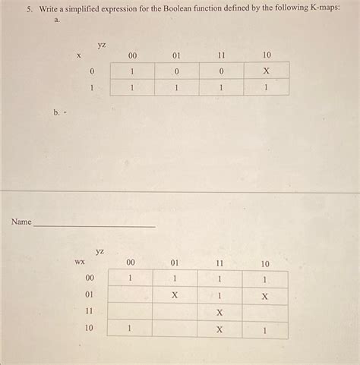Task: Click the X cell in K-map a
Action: point(266,71)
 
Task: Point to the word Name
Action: point(21,222)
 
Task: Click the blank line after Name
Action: point(94,225)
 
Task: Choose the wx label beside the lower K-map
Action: point(79,263)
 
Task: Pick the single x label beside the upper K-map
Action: point(78,55)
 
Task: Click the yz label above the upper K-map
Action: point(102,46)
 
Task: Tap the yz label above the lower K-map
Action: point(100,250)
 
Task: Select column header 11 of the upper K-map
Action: point(221,55)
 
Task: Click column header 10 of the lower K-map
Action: point(264,263)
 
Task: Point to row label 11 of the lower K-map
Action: point(89,311)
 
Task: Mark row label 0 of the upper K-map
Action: point(91,71)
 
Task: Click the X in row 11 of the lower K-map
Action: point(219,312)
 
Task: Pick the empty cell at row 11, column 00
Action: point(130,312)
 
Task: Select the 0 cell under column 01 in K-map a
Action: point(176,71)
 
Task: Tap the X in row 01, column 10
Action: point(264,295)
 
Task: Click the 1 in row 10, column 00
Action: point(130,329)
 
